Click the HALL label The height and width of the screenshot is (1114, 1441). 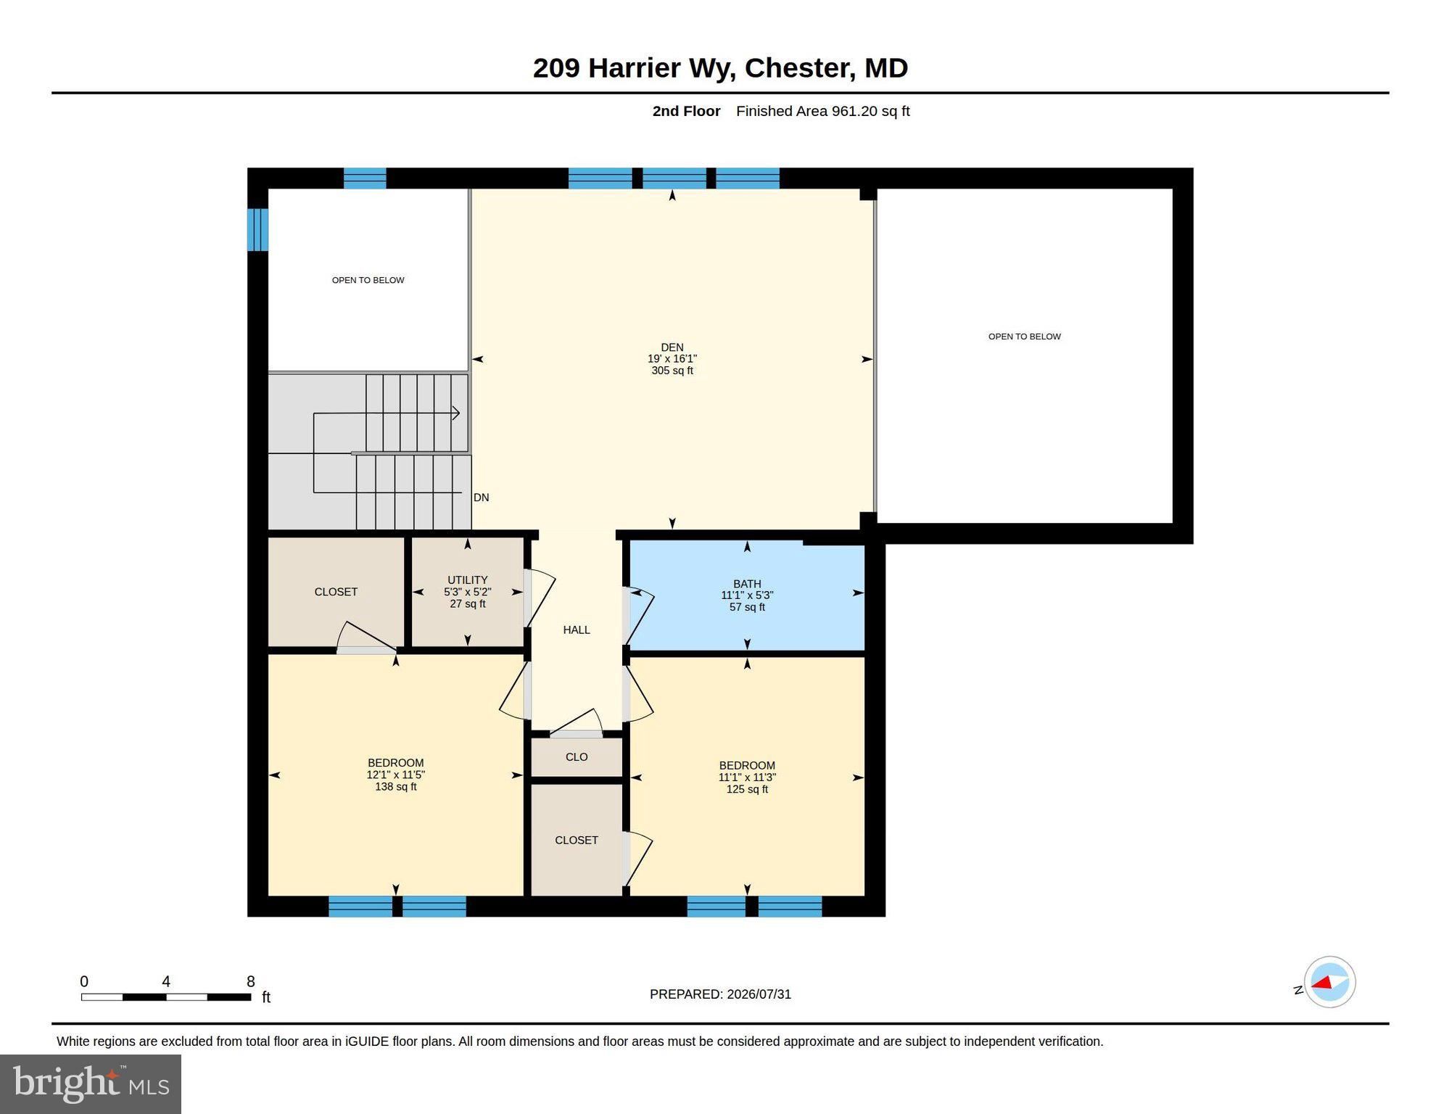coord(577,630)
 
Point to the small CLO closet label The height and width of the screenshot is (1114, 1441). coord(577,757)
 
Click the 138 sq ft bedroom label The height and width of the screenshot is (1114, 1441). coord(395,775)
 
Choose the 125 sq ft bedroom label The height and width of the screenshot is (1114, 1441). coord(747,777)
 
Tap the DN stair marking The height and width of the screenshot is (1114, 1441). coord(481,498)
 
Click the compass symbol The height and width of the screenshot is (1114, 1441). coord(1329,982)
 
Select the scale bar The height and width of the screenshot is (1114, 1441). coord(166,997)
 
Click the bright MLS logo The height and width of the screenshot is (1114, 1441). coord(91,1084)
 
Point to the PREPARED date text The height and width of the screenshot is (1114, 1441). coord(720,994)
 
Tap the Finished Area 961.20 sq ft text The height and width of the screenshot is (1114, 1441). coord(822,111)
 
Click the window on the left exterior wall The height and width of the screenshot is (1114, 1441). coord(258,230)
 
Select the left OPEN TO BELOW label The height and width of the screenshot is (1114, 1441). coord(368,280)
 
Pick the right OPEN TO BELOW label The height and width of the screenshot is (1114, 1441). coord(1024,337)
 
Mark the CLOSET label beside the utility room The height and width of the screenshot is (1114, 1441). coord(336,592)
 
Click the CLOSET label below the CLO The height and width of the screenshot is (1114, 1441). coord(577,840)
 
